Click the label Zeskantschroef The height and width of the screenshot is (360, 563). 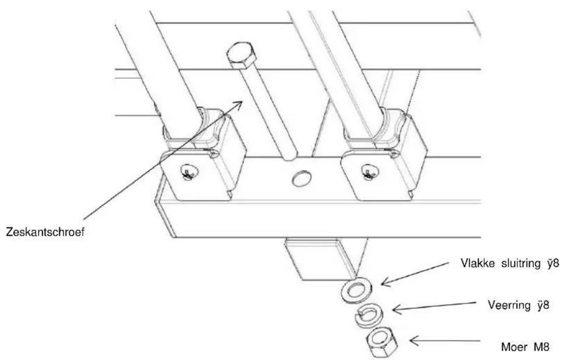click(x=45, y=232)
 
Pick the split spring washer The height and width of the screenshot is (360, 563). click(x=369, y=315)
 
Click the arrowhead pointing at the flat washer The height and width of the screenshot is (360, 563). click(x=387, y=281)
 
